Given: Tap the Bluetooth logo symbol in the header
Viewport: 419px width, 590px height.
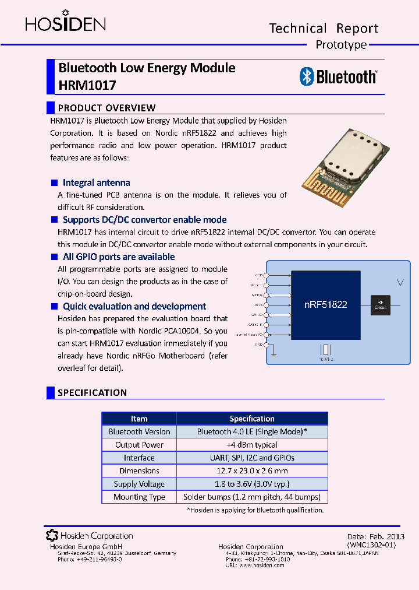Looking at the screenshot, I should click(307, 76).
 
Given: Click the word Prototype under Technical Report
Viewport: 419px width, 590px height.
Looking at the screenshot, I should click(341, 45).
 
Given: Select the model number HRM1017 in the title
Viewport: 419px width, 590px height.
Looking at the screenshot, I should click(87, 85).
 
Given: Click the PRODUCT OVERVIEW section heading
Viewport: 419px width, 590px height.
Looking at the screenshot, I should click(106, 108).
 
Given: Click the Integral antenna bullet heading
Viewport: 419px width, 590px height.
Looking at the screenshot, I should click(96, 182).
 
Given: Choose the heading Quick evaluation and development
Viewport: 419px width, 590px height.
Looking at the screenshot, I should click(134, 306).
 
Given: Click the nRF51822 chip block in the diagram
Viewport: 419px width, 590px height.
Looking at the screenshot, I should click(325, 304).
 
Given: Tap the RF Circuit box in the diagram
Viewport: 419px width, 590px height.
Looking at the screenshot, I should click(380, 304).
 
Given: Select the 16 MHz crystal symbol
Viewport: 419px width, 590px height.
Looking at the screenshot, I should click(326, 350).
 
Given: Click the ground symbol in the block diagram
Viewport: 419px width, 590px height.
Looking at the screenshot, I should click(272, 352).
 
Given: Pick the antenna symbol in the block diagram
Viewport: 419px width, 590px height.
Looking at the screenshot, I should click(399, 283).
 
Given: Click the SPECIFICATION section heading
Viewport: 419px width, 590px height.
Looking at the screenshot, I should click(92, 393).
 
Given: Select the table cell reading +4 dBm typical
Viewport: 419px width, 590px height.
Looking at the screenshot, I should click(252, 445).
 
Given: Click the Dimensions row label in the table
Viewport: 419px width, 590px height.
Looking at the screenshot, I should click(139, 471).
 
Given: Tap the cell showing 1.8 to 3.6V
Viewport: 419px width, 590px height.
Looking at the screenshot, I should click(252, 484).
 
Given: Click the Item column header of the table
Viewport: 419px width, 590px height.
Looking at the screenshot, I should click(139, 419).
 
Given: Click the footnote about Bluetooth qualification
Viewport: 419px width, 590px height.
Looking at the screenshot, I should click(255, 510).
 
